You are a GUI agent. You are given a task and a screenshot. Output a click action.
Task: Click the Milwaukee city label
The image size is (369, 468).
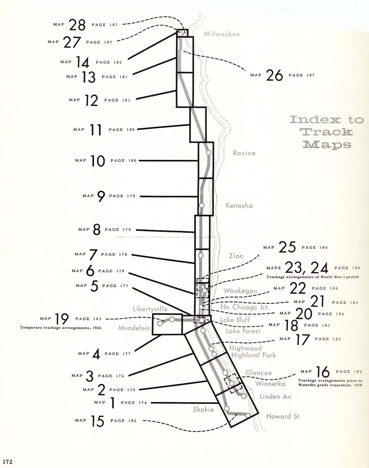tap(221, 34)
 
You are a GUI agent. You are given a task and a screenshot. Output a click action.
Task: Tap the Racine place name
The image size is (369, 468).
tap(244, 153)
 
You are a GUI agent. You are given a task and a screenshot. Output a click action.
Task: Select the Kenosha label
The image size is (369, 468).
tap(239, 206)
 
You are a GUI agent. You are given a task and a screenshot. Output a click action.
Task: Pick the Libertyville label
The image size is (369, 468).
tap(150, 308)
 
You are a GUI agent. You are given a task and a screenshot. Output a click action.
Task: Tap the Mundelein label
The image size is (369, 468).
tap(134, 328)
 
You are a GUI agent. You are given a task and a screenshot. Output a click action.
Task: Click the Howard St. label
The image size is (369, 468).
tap(284, 416)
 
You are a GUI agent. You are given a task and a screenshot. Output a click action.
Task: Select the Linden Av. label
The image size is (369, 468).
tap(276, 397)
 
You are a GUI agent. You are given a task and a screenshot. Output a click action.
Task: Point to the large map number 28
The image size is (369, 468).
tap(77, 24)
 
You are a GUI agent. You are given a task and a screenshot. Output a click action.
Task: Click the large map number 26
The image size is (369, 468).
tap(274, 75)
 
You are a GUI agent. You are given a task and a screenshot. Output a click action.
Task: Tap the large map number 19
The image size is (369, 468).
tap(62, 319)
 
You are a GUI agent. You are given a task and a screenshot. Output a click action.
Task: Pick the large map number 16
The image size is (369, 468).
tap(323, 372)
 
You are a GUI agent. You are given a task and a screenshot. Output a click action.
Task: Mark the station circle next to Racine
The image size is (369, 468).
tap(208, 152)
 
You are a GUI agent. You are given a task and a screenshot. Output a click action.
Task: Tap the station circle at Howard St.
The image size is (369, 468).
tap(248, 415)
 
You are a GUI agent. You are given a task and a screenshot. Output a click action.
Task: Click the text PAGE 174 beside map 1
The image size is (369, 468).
tap(134, 403)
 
